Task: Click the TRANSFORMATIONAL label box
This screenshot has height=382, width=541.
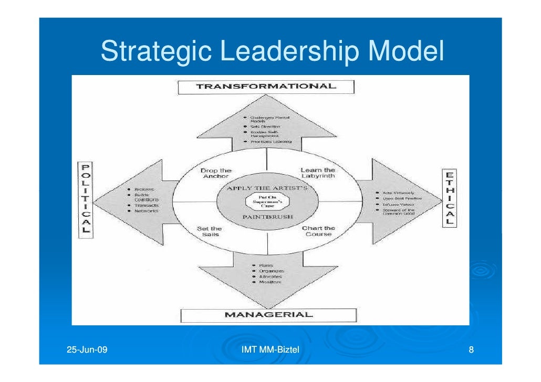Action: point(266,87)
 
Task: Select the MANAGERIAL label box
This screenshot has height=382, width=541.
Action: point(268,315)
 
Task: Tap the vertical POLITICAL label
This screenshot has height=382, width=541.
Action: point(85,199)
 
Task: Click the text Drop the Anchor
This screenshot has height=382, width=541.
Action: point(215,174)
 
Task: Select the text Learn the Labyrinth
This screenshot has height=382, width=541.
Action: point(317,173)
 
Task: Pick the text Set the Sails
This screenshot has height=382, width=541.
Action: point(209,231)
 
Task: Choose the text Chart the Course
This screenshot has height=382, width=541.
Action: point(318,231)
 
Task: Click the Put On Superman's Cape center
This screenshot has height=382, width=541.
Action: point(267,202)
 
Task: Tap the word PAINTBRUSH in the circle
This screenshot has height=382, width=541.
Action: point(267,217)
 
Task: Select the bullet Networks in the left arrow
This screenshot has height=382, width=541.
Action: point(146,211)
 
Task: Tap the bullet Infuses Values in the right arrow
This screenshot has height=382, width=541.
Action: point(398,204)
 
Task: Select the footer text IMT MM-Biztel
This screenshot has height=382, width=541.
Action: point(269,349)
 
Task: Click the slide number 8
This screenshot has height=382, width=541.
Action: point(471,350)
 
